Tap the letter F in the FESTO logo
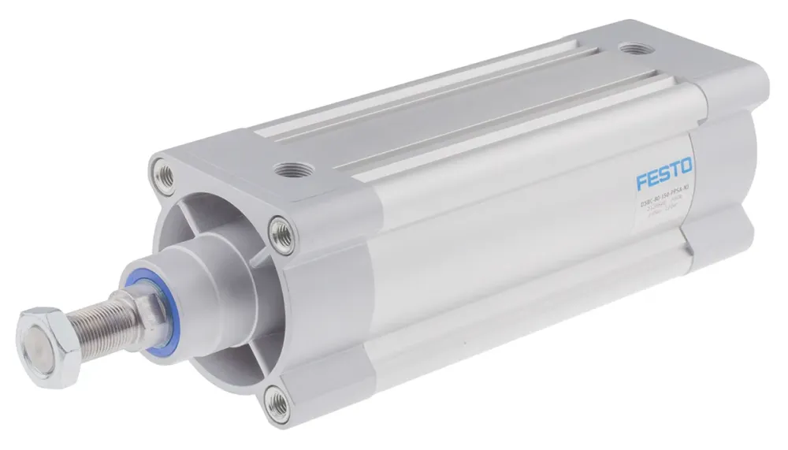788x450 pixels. (x=642, y=180)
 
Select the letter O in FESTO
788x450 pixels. (x=686, y=166)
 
